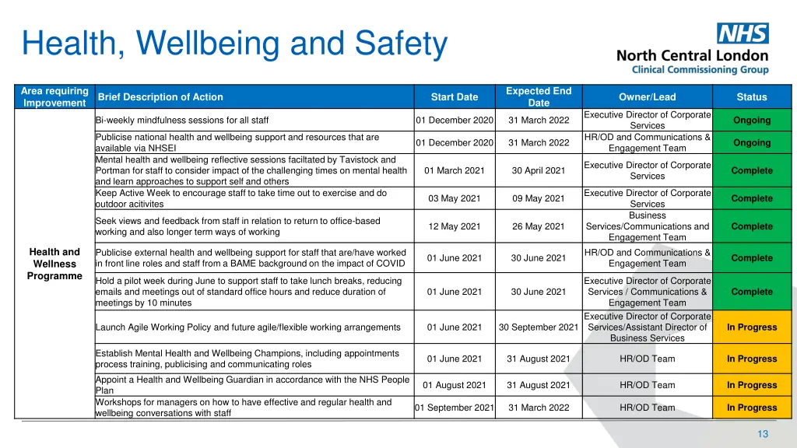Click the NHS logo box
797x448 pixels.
coord(743,33)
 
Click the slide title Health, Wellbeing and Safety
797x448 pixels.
coord(235,44)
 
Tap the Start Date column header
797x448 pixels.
coord(455,97)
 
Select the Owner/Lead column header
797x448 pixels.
coord(647,97)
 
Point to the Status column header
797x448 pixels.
coord(751,97)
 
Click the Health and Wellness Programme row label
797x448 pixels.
coord(54,264)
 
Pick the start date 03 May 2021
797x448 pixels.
coord(455,198)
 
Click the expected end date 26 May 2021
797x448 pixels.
coord(539,226)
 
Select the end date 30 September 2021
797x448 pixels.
coord(539,327)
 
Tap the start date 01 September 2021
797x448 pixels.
coord(455,408)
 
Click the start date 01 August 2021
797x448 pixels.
coord(455,385)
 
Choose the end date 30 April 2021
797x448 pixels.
coord(539,170)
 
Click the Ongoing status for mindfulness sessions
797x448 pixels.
coord(751,121)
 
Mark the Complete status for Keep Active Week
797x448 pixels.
coord(751,198)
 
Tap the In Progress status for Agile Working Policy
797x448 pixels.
coord(751,327)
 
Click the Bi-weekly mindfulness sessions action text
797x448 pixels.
coord(182,121)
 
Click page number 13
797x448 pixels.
coord(763,434)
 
